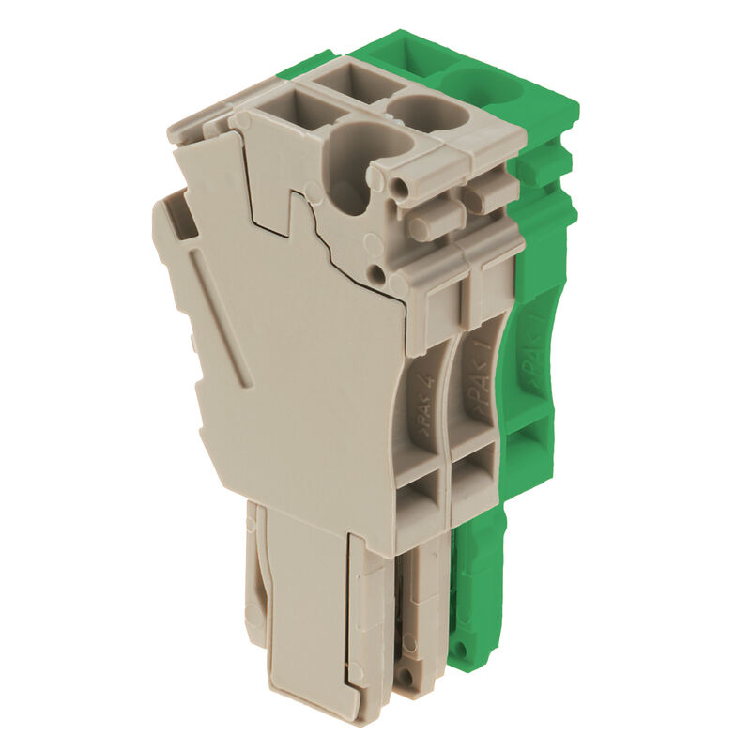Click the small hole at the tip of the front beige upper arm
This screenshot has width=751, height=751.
tap(403, 189)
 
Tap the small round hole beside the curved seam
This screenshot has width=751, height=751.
tap(376, 273)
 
